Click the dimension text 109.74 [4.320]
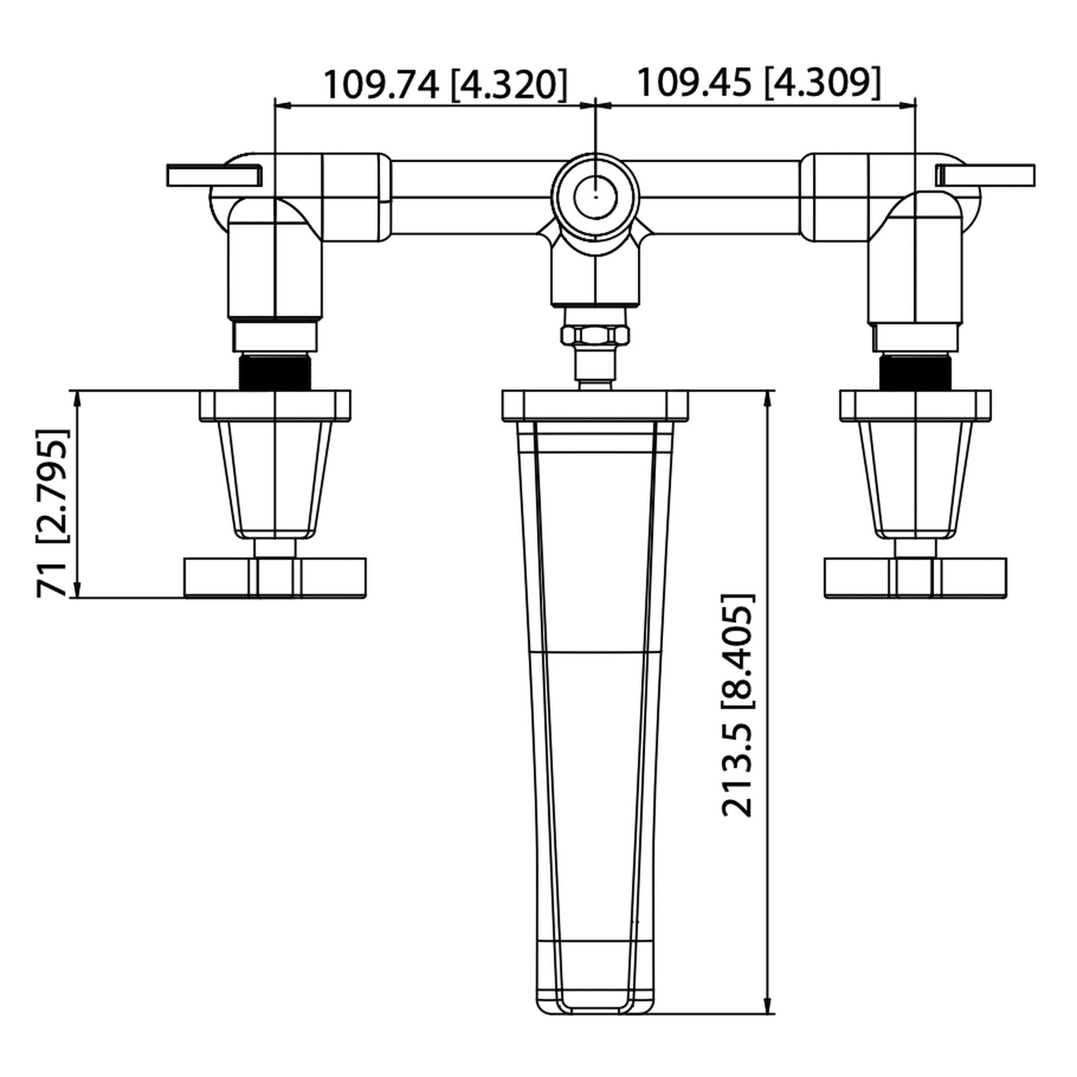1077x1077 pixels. (446, 85)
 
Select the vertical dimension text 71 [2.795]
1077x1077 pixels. (54, 513)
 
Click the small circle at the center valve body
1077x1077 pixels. (596, 196)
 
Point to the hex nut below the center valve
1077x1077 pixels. (596, 335)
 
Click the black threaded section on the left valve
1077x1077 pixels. (275, 371)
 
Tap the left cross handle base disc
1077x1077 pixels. (276, 578)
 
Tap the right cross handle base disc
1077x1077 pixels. (915, 578)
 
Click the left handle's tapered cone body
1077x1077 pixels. (276, 479)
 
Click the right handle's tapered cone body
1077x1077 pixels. (915, 479)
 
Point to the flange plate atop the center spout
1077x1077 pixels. (596, 406)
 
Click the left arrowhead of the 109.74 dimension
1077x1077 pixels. (282, 104)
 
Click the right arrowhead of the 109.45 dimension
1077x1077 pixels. (909, 104)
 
